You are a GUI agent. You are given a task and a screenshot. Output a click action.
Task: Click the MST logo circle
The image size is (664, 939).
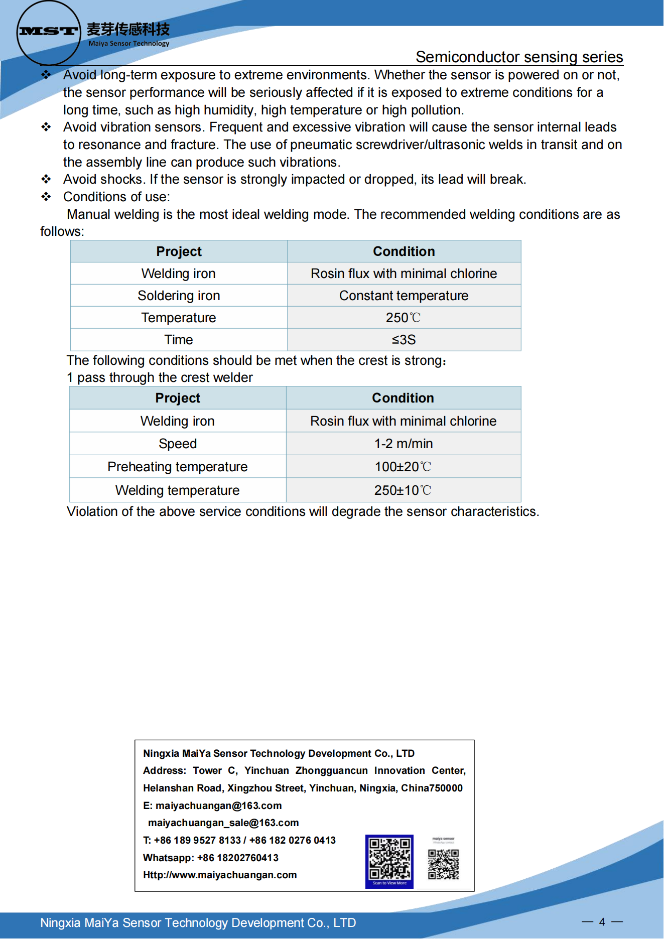(49, 33)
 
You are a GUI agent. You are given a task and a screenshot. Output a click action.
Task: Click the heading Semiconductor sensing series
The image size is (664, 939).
(519, 57)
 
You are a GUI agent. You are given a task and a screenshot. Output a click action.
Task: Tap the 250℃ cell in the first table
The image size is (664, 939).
(404, 318)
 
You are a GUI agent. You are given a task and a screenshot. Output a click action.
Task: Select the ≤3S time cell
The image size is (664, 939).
(404, 340)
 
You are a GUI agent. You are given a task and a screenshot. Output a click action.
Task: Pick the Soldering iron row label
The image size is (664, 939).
(179, 296)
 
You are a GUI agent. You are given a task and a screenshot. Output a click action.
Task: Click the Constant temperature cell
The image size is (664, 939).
(404, 296)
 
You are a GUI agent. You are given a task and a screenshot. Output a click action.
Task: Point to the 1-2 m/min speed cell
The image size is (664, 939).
(404, 444)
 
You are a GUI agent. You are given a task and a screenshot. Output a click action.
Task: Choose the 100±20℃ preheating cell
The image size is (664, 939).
(403, 467)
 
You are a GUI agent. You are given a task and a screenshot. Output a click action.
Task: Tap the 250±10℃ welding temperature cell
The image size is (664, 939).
(403, 490)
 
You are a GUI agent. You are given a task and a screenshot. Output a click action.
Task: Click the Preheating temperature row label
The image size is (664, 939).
(178, 467)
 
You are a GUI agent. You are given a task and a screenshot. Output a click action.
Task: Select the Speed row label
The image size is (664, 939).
(178, 444)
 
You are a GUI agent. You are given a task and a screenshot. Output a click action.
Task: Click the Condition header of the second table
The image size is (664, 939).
(403, 398)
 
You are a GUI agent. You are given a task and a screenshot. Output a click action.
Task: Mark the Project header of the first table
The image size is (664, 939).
(179, 251)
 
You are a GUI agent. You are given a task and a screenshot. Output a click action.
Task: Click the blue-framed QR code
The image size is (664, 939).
(389, 860)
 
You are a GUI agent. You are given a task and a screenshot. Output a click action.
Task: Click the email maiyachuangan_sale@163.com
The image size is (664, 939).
(223, 823)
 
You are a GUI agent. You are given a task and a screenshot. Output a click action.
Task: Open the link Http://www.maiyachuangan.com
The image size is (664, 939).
(220, 875)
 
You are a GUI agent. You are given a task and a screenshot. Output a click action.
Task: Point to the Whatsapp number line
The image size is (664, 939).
(211, 858)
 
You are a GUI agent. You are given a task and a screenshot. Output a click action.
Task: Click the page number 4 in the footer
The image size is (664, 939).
(602, 921)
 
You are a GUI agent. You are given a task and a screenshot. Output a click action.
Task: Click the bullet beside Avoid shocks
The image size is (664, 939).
(46, 179)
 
